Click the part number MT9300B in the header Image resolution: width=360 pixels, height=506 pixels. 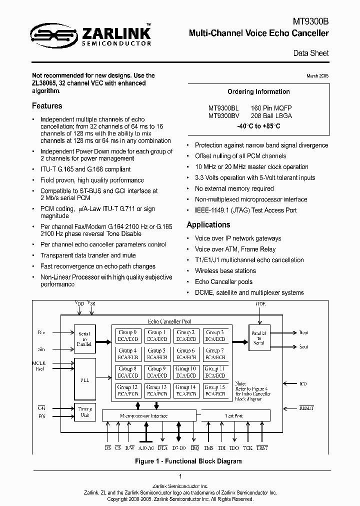311,22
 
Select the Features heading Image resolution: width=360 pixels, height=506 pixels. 47,106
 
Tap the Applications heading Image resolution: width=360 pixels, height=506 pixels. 208,225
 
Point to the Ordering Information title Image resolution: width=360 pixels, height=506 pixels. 258,92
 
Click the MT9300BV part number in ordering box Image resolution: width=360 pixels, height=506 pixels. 223,115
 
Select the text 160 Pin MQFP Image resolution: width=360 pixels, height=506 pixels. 271,108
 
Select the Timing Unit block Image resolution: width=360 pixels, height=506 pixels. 84,411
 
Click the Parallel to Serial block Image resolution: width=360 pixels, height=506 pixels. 259,335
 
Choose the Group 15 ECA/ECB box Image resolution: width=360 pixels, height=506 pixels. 214,390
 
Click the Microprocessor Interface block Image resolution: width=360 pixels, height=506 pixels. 143,415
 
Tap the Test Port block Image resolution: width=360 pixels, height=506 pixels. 233,415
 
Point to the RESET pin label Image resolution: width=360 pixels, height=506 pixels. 306,408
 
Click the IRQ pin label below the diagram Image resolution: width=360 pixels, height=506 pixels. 195,448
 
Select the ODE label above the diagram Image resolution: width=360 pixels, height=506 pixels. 260,304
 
